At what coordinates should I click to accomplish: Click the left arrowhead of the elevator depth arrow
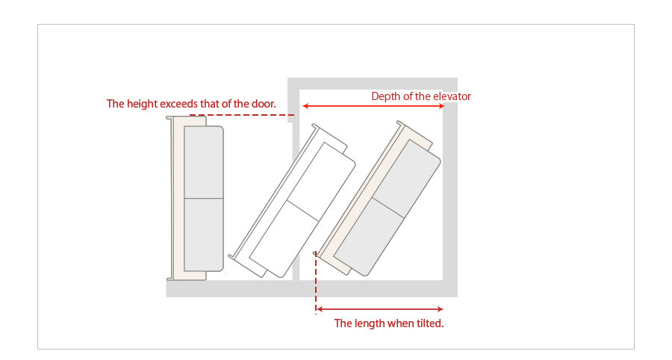pyautogui.click(x=305, y=106)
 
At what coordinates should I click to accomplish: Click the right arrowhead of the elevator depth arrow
pyautogui.click(x=441, y=106)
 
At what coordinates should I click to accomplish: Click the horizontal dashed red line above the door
pyautogui.click(x=242, y=115)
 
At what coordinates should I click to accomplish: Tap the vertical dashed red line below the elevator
pyautogui.click(x=316, y=283)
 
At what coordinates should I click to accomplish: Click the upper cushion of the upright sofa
pyautogui.click(x=204, y=162)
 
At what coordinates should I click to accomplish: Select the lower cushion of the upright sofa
pyautogui.click(x=204, y=235)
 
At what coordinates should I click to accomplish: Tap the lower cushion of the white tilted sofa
pyautogui.click(x=284, y=238)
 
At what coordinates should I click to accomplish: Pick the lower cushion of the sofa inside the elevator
pyautogui.click(x=369, y=236)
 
